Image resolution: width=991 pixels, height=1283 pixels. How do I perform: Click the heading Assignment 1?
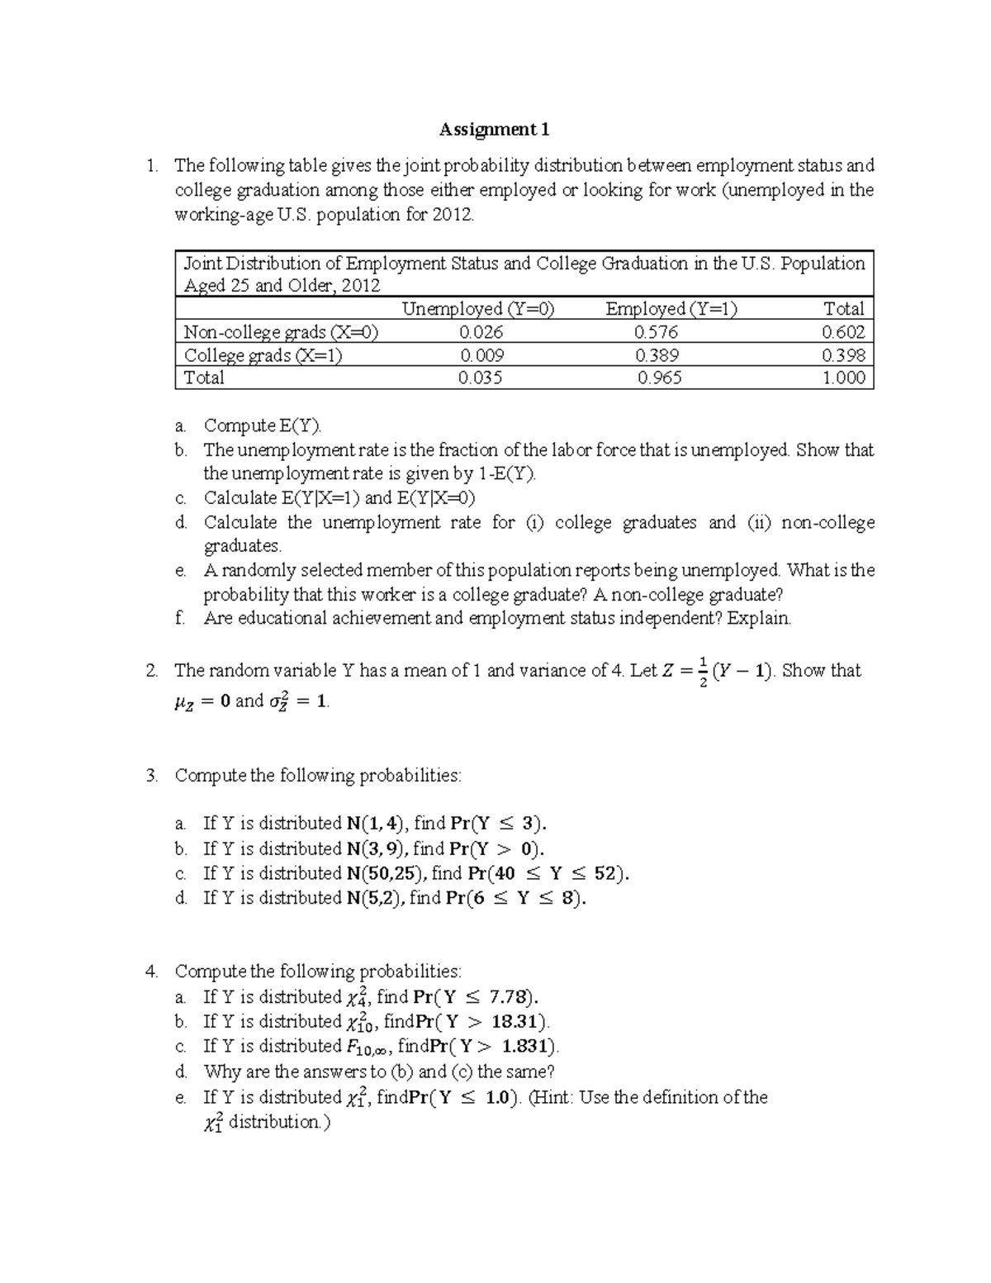pyautogui.click(x=494, y=130)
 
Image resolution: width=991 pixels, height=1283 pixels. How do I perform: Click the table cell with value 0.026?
pyautogui.click(x=481, y=332)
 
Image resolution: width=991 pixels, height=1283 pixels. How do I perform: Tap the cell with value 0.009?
pyautogui.click(x=481, y=355)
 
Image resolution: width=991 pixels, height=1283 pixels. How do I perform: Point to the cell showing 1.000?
pyautogui.click(x=843, y=378)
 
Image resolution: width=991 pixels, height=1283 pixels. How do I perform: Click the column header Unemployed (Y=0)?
pyautogui.click(x=478, y=309)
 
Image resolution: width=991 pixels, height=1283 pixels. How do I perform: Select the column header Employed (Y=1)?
pyautogui.click(x=671, y=309)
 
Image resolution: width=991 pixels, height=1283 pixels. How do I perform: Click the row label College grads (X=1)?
pyautogui.click(x=263, y=355)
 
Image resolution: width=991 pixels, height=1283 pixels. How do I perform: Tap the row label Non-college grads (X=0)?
pyautogui.click(x=281, y=332)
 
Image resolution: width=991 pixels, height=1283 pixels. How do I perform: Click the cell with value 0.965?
pyautogui.click(x=659, y=378)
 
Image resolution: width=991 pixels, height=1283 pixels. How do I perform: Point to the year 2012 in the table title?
pyautogui.click(x=363, y=286)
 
